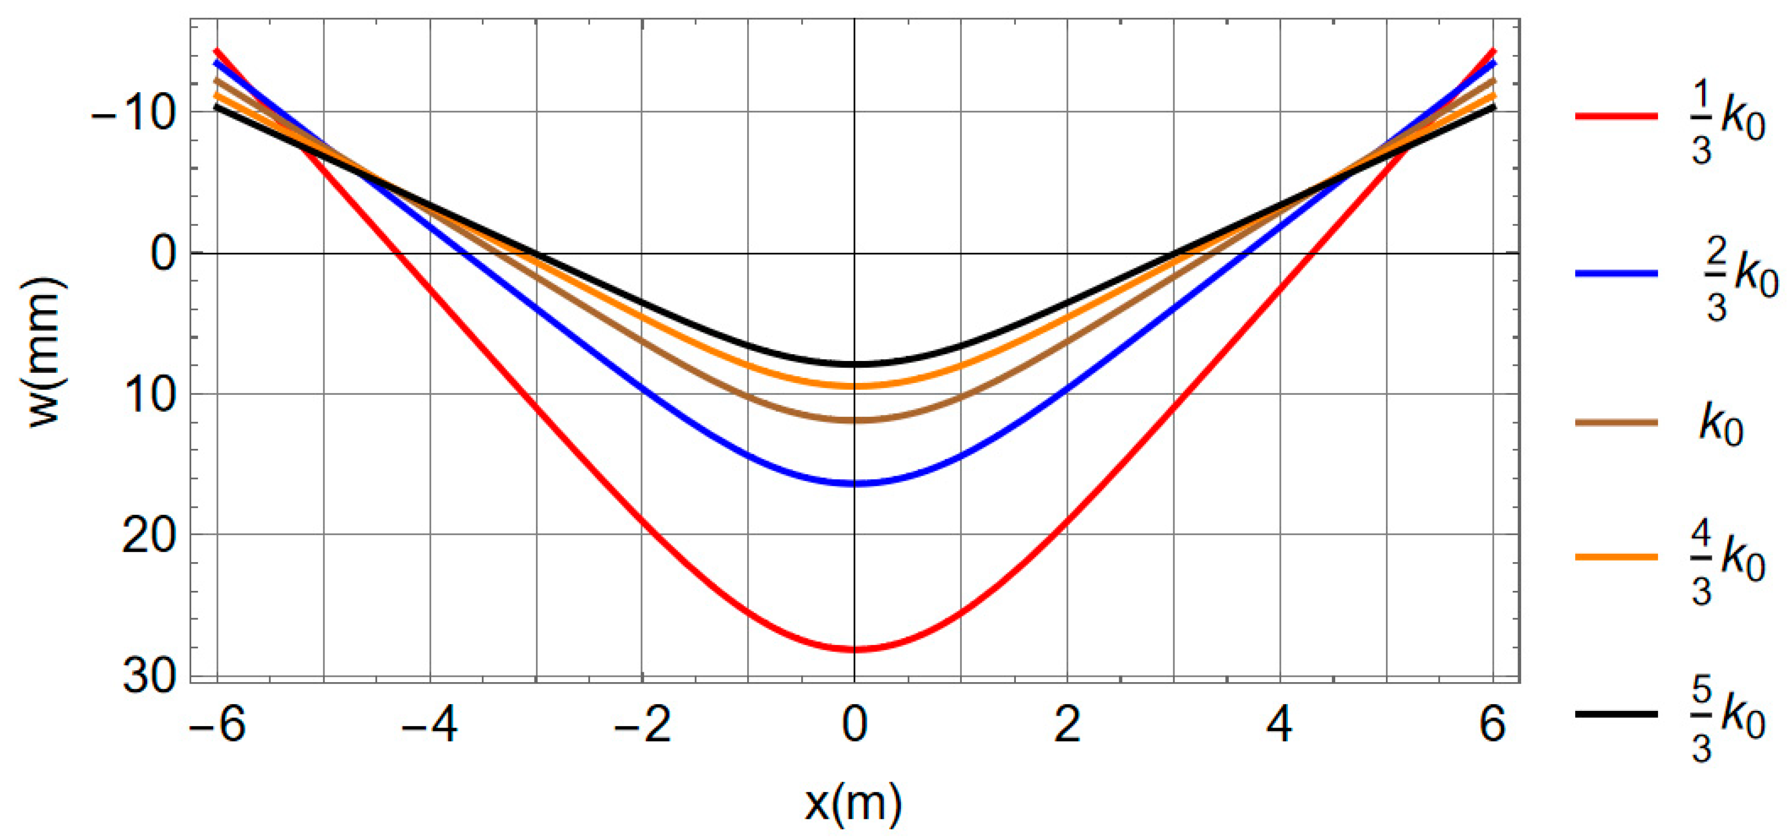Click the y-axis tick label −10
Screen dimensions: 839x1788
133,112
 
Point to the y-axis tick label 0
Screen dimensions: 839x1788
164,253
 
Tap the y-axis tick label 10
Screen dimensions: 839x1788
149,395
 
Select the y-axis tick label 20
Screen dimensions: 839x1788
149,536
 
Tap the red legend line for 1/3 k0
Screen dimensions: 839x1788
1616,116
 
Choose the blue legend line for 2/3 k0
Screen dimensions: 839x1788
1616,273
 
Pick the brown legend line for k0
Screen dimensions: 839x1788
1616,423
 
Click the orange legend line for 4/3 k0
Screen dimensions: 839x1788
1616,556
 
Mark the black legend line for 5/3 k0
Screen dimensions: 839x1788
1616,713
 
